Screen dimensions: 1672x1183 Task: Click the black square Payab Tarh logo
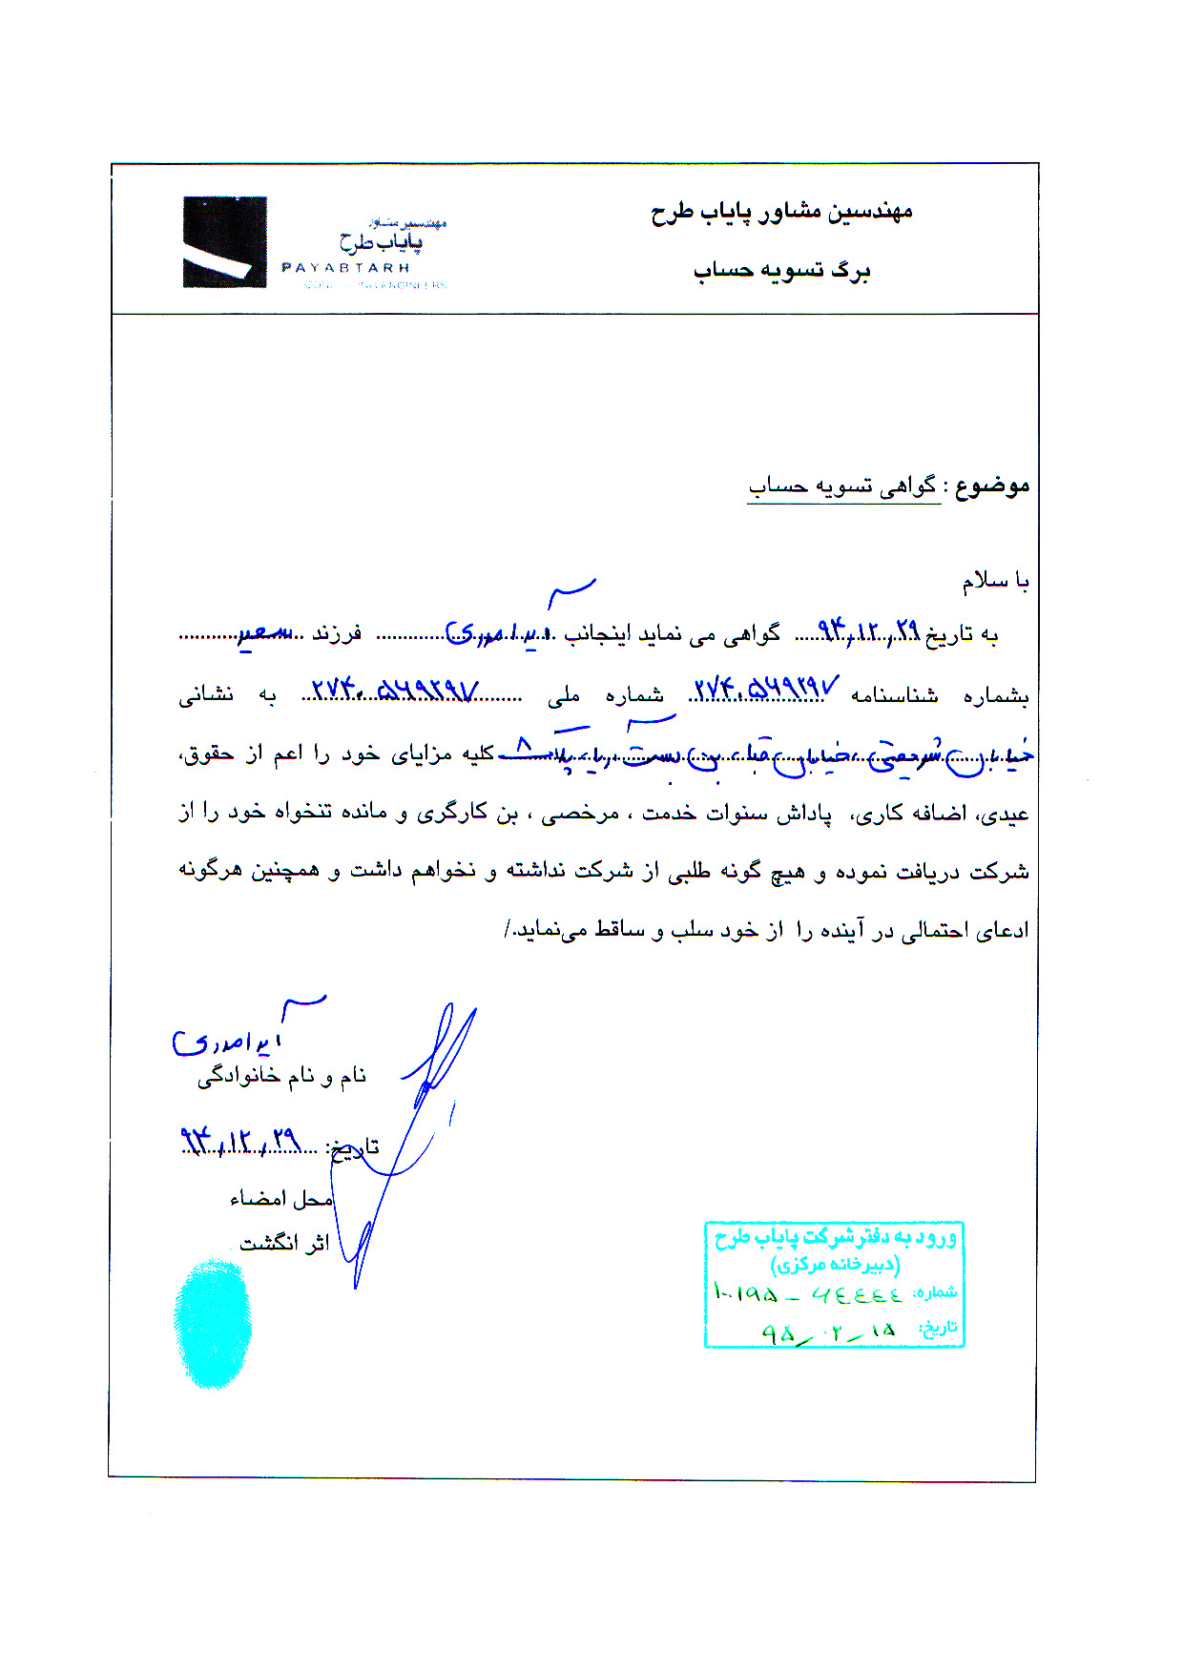pyautogui.click(x=224, y=241)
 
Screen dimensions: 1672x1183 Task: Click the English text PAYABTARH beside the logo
pyautogui.click(x=345, y=268)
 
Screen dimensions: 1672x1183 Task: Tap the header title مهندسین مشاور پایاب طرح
pyautogui.click(x=781, y=211)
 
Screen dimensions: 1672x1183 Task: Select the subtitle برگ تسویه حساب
pyautogui.click(x=781, y=271)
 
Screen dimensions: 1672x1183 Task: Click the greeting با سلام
pyautogui.click(x=995, y=581)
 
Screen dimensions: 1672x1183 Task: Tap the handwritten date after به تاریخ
pyautogui.click(x=867, y=630)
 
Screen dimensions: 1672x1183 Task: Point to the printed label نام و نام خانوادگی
pyautogui.click(x=281, y=1077)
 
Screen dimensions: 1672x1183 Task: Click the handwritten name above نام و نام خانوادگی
pyautogui.click(x=229, y=1040)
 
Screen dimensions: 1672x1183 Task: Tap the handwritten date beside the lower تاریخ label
pyautogui.click(x=240, y=1140)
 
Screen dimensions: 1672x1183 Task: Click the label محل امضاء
pyautogui.click(x=280, y=1199)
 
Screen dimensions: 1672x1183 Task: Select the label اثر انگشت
pyautogui.click(x=283, y=1243)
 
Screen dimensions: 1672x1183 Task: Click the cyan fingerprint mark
pyautogui.click(x=212, y=1322)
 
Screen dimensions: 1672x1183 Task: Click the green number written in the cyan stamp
pyautogui.click(x=807, y=1294)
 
